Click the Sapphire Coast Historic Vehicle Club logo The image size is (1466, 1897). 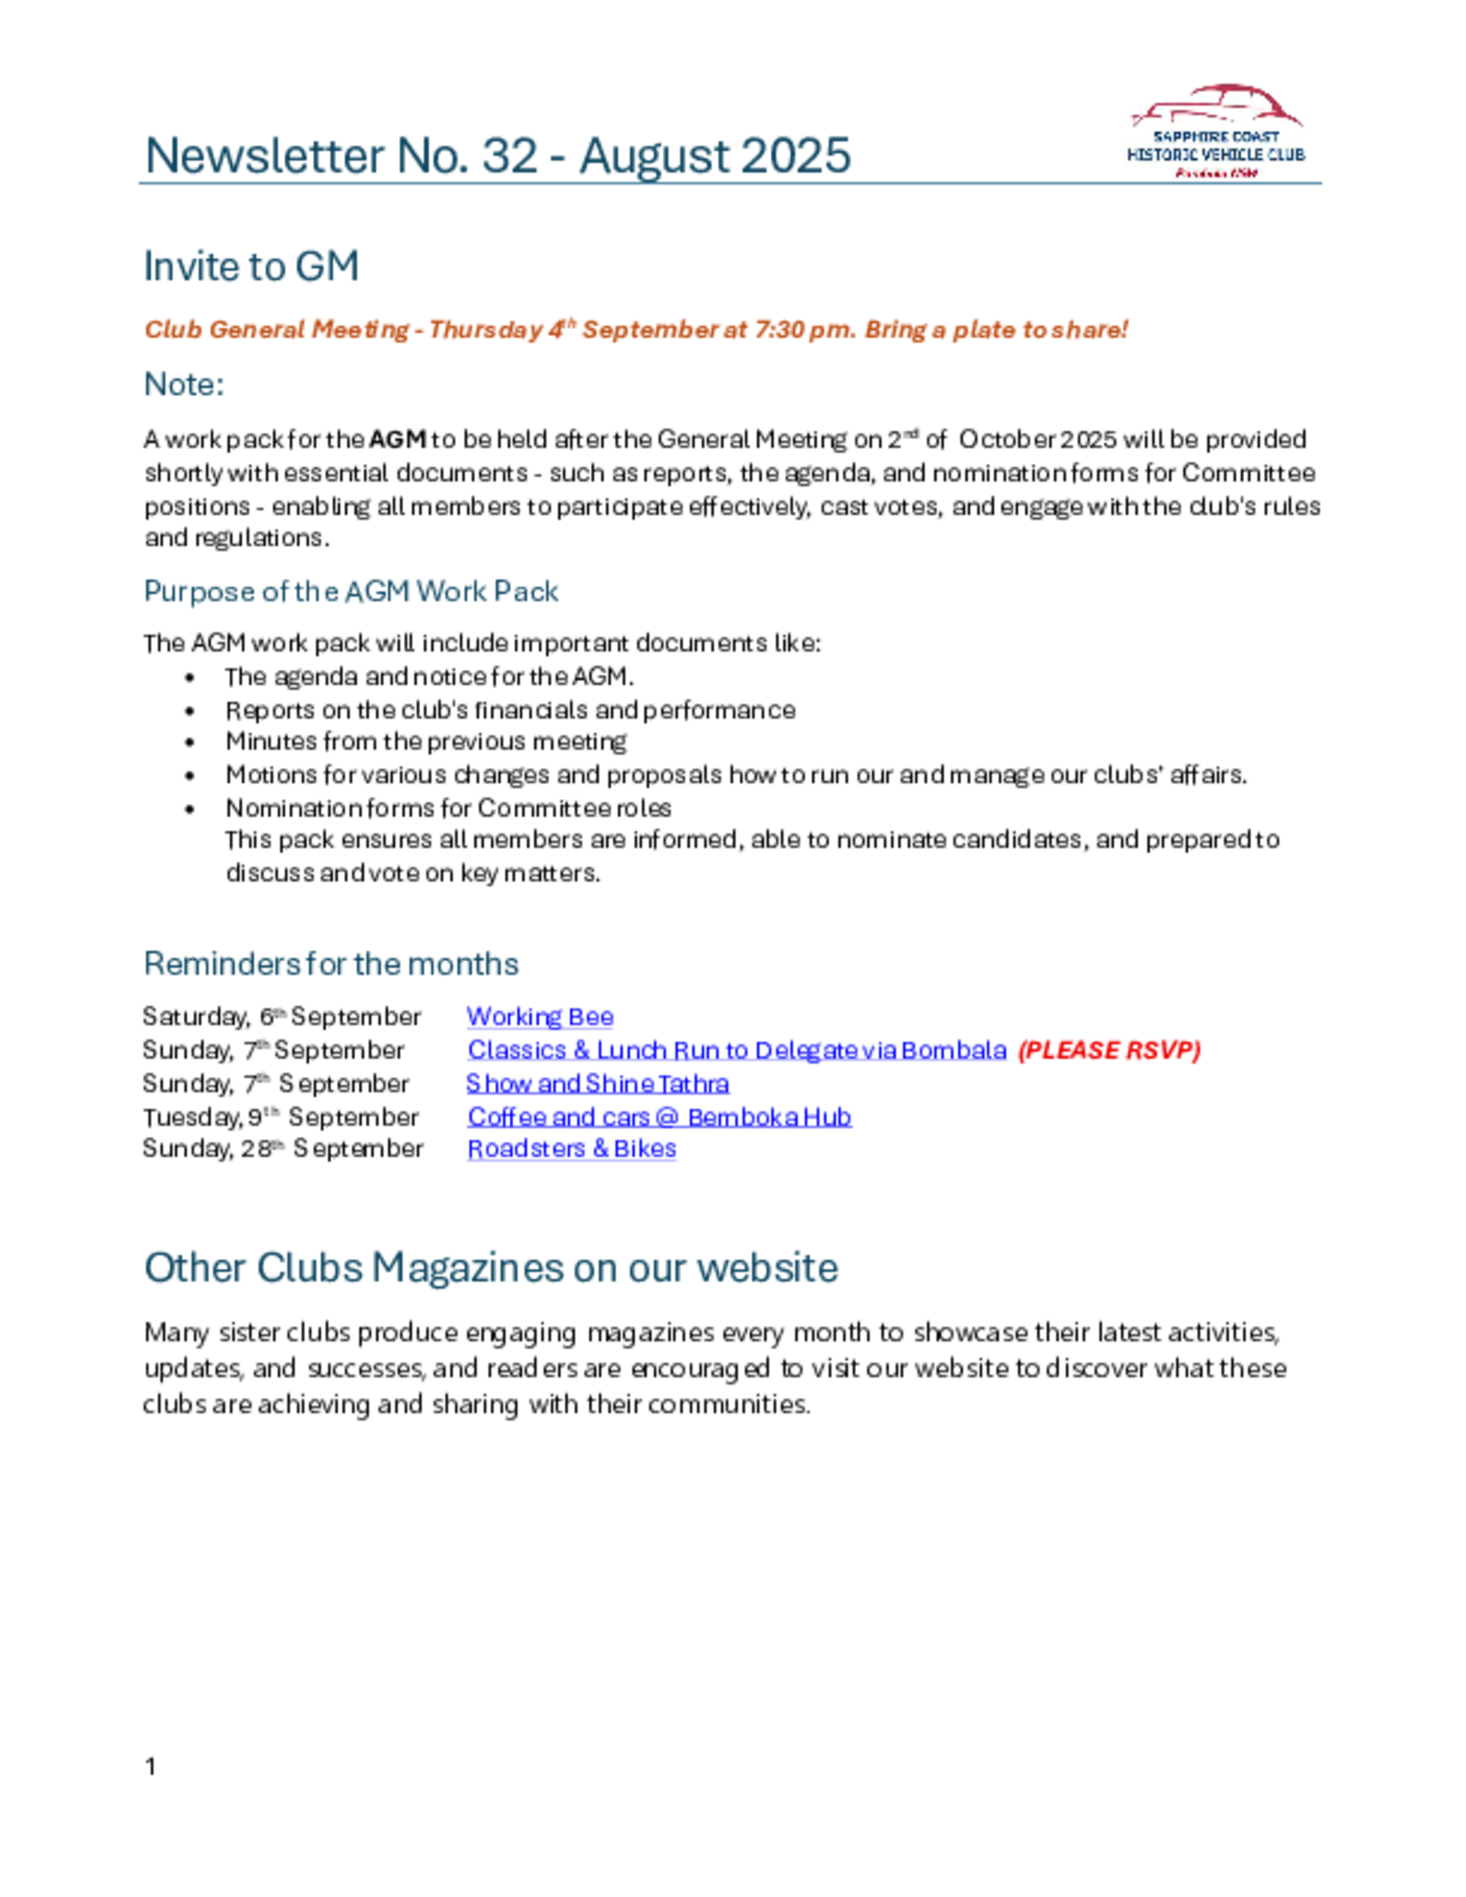(1215, 132)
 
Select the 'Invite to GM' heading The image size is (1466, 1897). (251, 266)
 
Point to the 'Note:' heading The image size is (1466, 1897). (184, 384)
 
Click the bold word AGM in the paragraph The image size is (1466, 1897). (397, 440)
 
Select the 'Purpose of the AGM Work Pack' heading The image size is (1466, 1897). (351, 592)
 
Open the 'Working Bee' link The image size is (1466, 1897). (539, 1016)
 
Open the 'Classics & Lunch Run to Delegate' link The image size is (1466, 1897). (737, 1050)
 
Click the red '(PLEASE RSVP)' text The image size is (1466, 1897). (1109, 1050)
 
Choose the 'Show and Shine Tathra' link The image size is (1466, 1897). (597, 1083)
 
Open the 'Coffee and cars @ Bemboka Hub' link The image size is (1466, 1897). (659, 1116)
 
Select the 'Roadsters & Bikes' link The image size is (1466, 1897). (572, 1149)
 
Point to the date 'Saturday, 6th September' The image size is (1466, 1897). (282, 1016)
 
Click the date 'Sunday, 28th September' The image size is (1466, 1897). (283, 1149)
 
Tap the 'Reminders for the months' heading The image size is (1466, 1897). (331, 963)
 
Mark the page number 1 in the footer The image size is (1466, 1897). (151, 1766)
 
